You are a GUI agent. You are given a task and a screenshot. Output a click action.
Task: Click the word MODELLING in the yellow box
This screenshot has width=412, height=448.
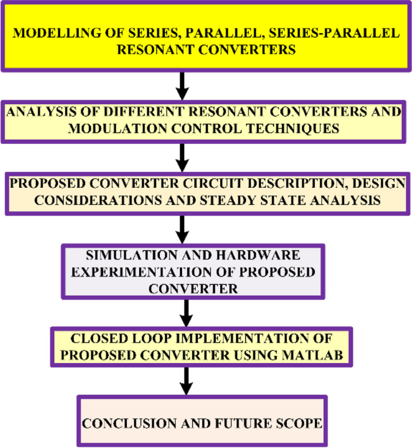pos(49,33)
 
